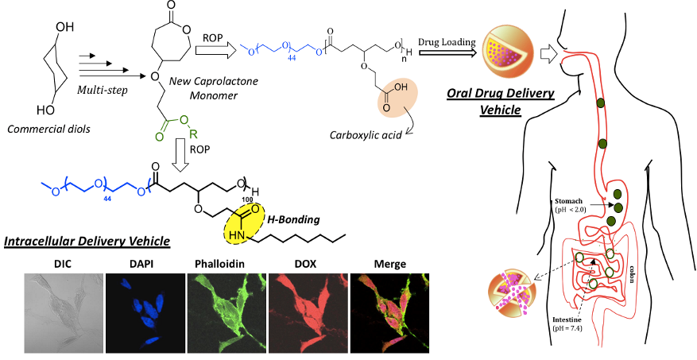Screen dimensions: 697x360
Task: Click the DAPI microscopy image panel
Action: tap(145, 313)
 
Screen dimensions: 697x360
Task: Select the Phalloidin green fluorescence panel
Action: tap(227, 313)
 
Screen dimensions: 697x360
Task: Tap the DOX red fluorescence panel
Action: tap(308, 313)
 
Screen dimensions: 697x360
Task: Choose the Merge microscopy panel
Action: tap(390, 313)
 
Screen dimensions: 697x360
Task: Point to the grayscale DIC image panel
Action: tap(64, 313)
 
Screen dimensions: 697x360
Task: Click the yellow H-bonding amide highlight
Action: tap(245, 224)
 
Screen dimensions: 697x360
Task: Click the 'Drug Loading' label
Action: tap(447, 42)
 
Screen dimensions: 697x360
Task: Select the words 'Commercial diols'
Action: tap(49, 130)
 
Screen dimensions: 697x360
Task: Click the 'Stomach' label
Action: tap(568, 201)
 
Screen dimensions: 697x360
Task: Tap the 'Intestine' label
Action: tap(567, 320)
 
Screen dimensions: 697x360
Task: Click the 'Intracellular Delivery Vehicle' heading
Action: tap(87, 242)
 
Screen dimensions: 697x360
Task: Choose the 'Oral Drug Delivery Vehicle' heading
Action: tap(501, 102)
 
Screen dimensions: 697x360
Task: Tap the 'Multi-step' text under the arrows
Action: tap(103, 90)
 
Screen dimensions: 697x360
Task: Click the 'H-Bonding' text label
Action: tap(293, 219)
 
